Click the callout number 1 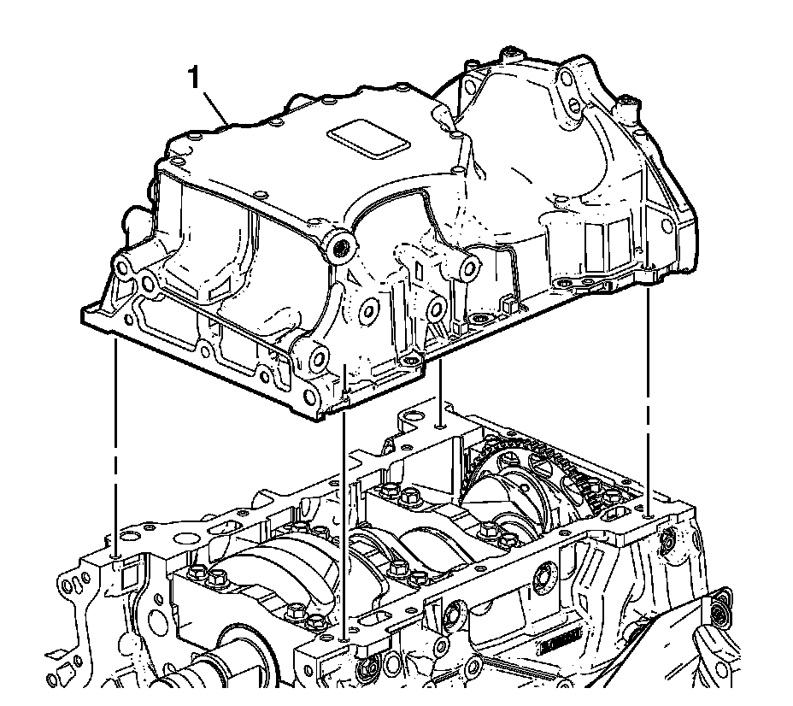[193, 79]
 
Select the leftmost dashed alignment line [116, 446]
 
